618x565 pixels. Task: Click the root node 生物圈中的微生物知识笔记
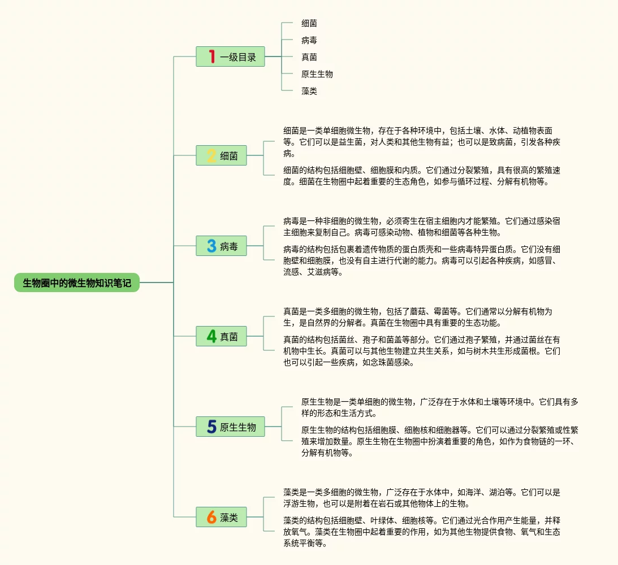pos(77,283)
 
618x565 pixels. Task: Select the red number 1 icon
pos(211,56)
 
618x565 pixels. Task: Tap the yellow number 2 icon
pos(211,156)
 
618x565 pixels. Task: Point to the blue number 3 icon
pos(211,246)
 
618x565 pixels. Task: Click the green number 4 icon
pos(211,337)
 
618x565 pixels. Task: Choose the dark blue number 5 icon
pos(211,427)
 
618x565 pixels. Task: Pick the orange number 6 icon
pos(211,517)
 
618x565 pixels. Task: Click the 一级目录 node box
pos(231,56)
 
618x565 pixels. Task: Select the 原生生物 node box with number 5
pos(231,427)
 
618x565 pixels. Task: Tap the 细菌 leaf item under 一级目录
pos(309,23)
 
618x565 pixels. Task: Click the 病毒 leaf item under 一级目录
pos(309,40)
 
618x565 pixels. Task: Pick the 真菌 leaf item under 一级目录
pos(309,57)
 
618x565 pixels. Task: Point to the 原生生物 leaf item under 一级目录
pos(317,74)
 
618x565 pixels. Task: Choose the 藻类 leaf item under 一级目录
pos(309,91)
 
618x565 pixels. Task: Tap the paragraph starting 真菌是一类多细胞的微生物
pos(418,317)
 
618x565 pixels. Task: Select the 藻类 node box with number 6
pos(222,517)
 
